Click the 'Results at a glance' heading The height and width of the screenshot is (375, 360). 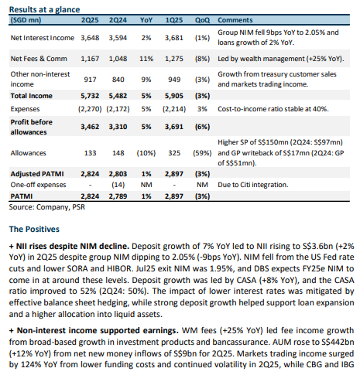click(x=44, y=9)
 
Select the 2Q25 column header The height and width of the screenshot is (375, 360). click(x=90, y=20)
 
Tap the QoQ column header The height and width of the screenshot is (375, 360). click(x=202, y=20)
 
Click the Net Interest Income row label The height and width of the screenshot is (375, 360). click(x=43, y=38)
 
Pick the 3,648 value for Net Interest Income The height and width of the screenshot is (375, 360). click(x=90, y=38)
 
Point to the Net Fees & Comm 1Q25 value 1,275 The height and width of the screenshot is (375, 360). click(x=174, y=59)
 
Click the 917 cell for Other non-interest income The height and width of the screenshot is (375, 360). click(x=90, y=80)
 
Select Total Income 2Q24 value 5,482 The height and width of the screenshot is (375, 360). click(x=118, y=96)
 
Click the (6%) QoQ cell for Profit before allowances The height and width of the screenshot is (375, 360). click(x=202, y=127)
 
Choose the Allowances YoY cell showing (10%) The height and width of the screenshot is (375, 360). click(x=146, y=153)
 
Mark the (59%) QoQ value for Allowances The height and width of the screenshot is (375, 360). click(x=202, y=153)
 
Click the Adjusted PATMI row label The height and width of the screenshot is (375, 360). click(x=37, y=174)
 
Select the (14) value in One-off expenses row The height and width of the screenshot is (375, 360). click(x=118, y=185)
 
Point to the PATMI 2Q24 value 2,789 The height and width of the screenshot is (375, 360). click(x=118, y=196)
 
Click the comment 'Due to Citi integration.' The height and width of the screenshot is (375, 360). click(x=253, y=185)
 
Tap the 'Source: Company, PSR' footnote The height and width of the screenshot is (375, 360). click(x=47, y=207)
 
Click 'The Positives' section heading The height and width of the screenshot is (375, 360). click(x=34, y=229)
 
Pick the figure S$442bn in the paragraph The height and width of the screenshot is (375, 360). click(x=338, y=342)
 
